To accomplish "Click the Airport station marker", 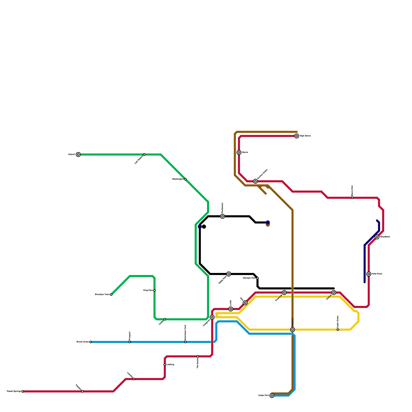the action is [x=78, y=154].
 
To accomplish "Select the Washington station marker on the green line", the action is [x=185, y=179].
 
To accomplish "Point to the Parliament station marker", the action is [x=222, y=216].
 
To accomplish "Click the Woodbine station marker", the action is [x=377, y=237].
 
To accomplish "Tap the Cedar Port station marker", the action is [x=272, y=396].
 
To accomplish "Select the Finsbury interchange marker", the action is [x=293, y=330].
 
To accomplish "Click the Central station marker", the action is [x=334, y=293].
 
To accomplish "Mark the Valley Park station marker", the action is [x=229, y=274].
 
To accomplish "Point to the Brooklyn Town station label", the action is [x=102, y=295].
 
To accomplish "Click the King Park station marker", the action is [x=154, y=290].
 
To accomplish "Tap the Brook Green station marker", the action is [x=91, y=342].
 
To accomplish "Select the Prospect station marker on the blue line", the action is [x=130, y=342].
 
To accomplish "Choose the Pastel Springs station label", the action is [x=14, y=391].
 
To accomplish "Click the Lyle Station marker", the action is [x=144, y=154].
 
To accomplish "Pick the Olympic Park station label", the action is [x=249, y=278].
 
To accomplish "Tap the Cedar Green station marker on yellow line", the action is [x=338, y=330].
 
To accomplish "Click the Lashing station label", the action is [x=170, y=365].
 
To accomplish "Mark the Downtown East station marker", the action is [x=185, y=342].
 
